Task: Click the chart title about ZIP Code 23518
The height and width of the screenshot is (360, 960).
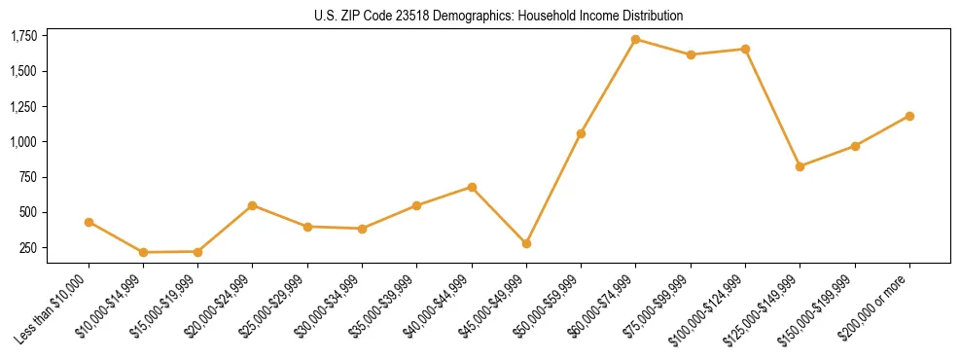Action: tap(499, 16)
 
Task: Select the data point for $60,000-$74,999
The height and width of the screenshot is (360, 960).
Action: tap(635, 39)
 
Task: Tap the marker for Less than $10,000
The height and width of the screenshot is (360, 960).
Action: tap(89, 222)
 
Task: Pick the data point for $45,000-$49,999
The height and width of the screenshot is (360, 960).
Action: tap(526, 243)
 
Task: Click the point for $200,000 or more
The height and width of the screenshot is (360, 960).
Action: tap(909, 116)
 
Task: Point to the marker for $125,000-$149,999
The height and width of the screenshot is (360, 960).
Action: tap(800, 166)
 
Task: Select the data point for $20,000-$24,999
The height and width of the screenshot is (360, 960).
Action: tap(253, 205)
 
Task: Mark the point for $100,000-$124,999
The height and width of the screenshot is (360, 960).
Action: tap(745, 49)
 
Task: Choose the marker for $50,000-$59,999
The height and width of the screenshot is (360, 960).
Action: tap(581, 133)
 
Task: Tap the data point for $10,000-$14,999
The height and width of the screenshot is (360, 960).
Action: tap(143, 252)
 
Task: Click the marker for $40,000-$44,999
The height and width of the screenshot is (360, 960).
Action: tap(472, 187)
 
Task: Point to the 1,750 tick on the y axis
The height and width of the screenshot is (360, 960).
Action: tap(23, 36)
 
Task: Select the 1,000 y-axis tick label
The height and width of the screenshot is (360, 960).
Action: tap(23, 142)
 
